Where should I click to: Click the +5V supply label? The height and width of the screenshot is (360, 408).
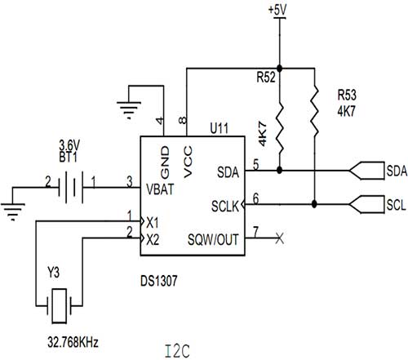(277, 10)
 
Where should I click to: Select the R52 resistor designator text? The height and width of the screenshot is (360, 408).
(266, 78)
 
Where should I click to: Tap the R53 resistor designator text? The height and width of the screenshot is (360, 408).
(347, 95)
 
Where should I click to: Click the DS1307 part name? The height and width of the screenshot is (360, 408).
(159, 281)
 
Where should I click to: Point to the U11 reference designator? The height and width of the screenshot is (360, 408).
(220, 128)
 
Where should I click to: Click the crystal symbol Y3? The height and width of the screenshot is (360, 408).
(60, 306)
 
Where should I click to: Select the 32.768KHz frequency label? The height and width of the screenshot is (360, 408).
(73, 342)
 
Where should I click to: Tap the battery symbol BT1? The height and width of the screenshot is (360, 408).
(70, 187)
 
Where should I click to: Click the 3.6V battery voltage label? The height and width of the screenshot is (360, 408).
(69, 145)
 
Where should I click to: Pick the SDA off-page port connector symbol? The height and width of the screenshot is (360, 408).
(366, 171)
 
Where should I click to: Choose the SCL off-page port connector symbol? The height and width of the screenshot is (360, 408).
(366, 204)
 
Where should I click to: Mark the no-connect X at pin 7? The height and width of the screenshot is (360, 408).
(280, 238)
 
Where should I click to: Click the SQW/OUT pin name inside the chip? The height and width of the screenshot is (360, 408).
(213, 239)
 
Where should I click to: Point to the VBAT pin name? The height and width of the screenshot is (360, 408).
(160, 189)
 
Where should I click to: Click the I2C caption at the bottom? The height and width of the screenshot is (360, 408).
(177, 351)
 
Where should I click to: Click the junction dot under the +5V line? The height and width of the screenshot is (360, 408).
(279, 68)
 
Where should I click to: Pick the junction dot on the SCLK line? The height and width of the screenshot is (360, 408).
(314, 204)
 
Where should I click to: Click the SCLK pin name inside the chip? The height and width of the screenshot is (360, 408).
(225, 206)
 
